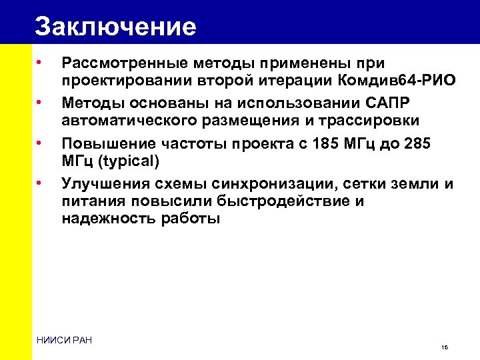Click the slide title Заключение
coord(115,26)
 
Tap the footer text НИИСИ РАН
coord(64,341)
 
